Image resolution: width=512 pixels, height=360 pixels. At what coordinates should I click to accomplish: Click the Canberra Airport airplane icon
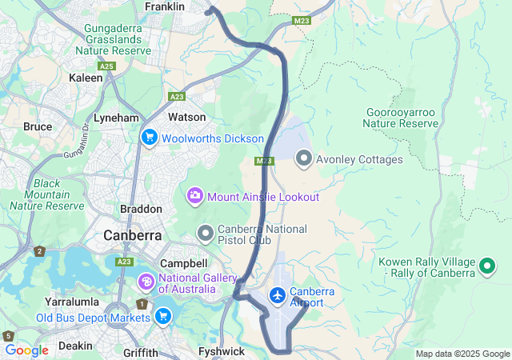pos(278,296)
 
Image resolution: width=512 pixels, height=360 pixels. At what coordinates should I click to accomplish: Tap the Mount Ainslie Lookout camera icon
pos(194,196)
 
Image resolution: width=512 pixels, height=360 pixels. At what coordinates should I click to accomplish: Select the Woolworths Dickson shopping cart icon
pos(149,138)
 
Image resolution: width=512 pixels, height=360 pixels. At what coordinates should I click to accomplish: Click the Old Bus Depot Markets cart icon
pos(163,317)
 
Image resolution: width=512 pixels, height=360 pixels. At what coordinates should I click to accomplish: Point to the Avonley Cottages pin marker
pos(303,158)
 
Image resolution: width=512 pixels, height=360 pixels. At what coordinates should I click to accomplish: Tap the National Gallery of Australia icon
pos(146,282)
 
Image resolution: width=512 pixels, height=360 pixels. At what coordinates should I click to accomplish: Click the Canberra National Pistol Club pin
pos(206,234)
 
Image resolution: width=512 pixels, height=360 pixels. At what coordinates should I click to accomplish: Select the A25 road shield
pos(106,66)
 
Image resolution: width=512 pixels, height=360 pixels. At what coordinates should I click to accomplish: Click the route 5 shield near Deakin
pos(8,336)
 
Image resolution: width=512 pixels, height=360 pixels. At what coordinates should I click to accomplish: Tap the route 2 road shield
pos(38,251)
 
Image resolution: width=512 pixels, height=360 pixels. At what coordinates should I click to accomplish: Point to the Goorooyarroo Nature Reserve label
pos(400,118)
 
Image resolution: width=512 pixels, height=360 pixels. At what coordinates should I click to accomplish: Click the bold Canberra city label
pos(133,236)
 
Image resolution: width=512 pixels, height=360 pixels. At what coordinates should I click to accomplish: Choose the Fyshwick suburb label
pos(222,351)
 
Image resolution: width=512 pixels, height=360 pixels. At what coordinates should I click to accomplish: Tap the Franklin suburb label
pos(164,6)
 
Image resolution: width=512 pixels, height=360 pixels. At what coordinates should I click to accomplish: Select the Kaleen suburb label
pos(86,78)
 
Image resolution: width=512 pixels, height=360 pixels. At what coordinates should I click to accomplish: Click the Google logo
pos(27,350)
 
